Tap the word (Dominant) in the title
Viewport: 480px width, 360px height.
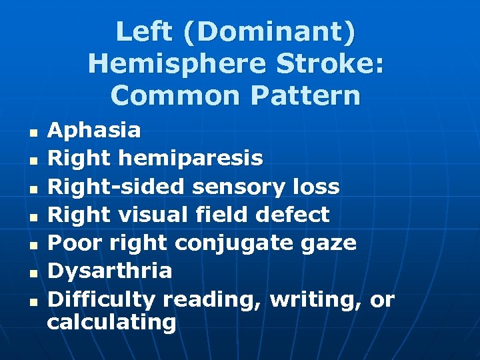[x=267, y=31]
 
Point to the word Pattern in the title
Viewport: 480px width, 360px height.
[x=306, y=95]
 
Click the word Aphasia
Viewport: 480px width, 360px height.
[x=94, y=130]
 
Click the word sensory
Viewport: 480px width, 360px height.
[x=241, y=187]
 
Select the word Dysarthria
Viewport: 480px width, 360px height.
[x=110, y=271]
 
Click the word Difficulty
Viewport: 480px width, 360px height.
[x=102, y=299]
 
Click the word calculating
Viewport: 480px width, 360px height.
[x=111, y=323]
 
